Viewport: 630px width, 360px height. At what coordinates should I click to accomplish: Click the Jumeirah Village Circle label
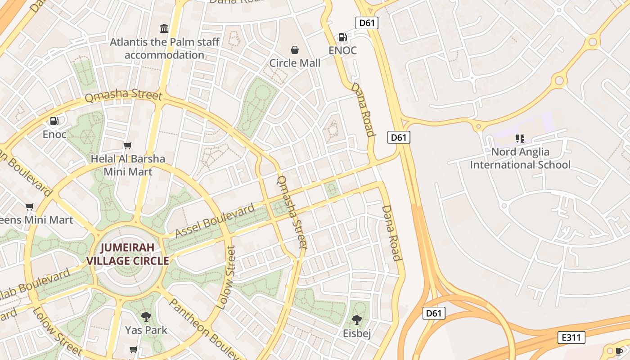(127, 254)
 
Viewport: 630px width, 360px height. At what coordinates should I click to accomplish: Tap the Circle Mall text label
(295, 63)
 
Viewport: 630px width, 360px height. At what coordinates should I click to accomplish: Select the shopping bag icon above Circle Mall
(295, 49)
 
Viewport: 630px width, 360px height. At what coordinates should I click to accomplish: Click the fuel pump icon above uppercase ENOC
(342, 37)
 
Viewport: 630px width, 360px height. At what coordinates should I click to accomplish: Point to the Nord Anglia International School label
(520, 158)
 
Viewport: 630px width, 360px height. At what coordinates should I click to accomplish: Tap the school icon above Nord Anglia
(520, 139)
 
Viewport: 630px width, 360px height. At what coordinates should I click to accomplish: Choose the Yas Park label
(146, 330)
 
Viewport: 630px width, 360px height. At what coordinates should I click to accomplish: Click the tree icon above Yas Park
(146, 317)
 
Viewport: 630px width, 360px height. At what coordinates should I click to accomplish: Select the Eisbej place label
(357, 333)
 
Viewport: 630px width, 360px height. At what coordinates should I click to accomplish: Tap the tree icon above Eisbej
(357, 320)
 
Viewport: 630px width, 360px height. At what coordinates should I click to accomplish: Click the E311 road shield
(571, 337)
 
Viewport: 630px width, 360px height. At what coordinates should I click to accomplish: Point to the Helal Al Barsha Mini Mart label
(128, 165)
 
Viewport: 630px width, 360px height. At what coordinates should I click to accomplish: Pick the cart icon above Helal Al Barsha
(128, 145)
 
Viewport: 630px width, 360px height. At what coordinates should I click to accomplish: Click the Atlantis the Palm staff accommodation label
(165, 49)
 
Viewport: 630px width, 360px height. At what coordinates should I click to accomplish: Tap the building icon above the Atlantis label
(164, 29)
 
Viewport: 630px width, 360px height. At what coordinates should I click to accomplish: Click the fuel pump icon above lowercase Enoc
(54, 121)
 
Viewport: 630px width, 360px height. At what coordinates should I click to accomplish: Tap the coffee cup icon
(620, 351)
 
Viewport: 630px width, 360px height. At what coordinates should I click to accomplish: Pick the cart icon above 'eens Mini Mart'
(30, 207)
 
